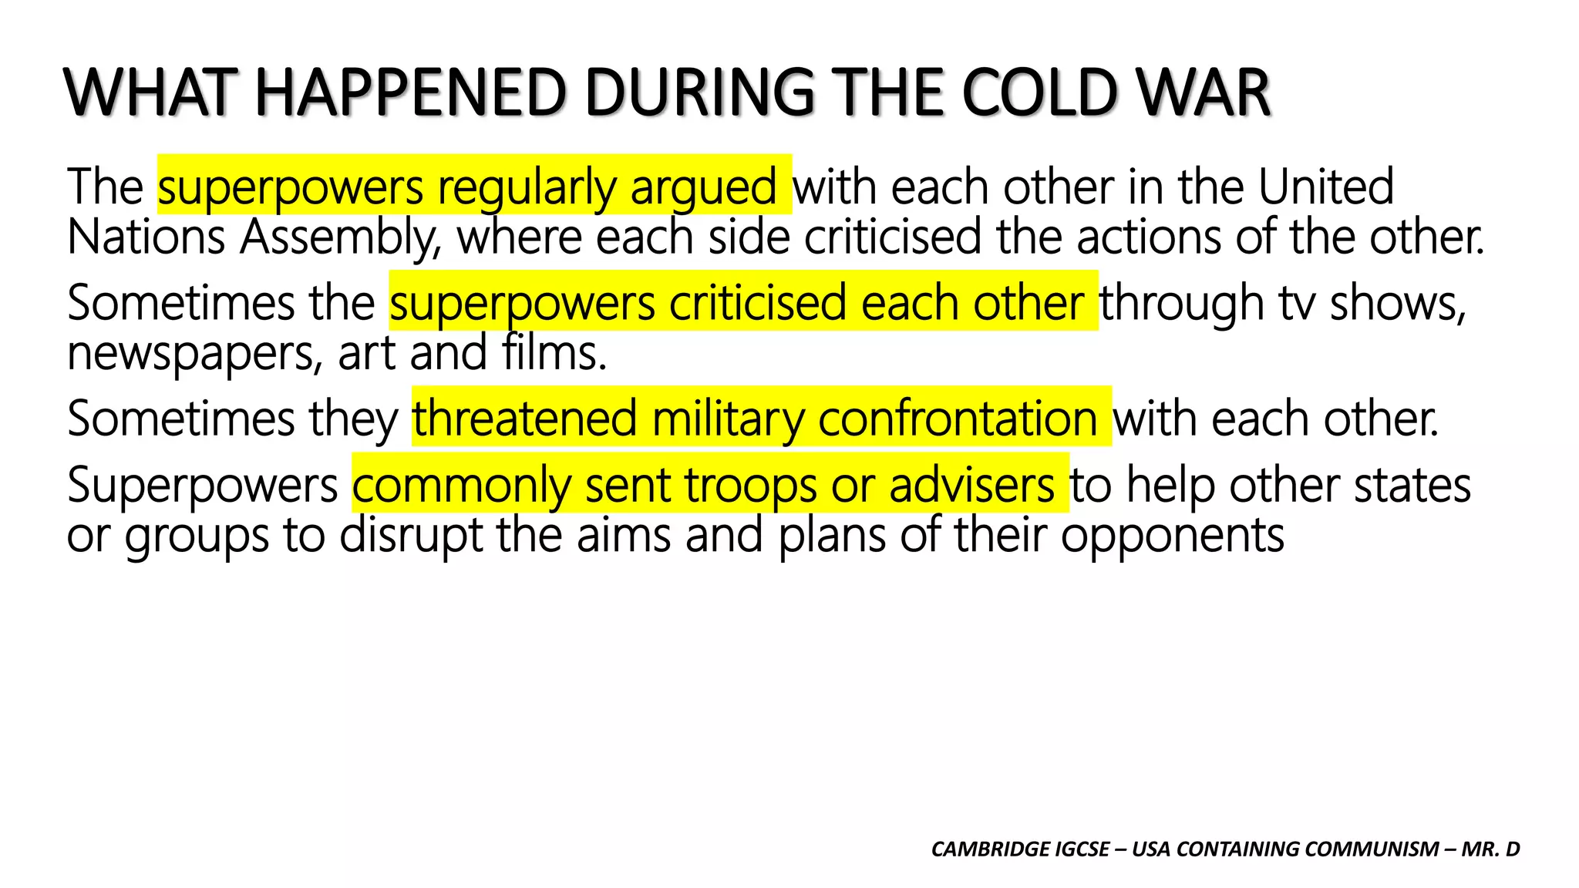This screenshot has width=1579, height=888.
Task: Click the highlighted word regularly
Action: click(527, 187)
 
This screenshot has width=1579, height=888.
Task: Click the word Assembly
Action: click(340, 237)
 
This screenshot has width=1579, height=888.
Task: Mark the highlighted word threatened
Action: click(524, 419)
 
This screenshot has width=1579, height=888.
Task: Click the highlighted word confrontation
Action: click(958, 419)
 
